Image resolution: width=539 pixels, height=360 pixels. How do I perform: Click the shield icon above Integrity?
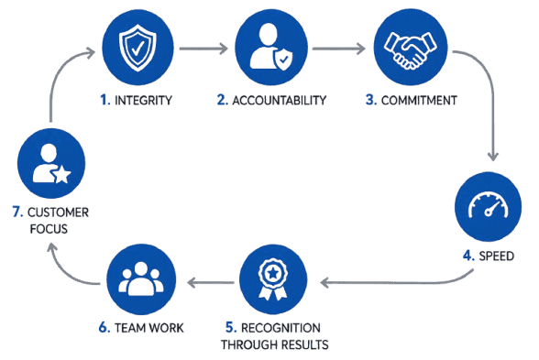(137, 48)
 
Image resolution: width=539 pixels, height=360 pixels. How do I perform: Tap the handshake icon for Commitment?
(410, 50)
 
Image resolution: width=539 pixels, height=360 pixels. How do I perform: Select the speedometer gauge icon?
(488, 206)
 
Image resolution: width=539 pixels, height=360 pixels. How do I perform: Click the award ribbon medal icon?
(273, 278)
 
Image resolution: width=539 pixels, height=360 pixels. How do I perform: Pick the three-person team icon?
(141, 278)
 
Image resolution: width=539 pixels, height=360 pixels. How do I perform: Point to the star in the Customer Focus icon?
(62, 174)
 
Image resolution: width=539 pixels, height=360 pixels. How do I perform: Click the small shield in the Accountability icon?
(283, 59)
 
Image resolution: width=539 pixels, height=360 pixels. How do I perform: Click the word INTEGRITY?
(143, 101)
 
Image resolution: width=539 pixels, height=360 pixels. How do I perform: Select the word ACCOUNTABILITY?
(279, 101)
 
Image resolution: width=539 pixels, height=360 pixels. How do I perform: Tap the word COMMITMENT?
(419, 101)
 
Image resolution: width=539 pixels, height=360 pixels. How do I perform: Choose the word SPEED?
(497, 256)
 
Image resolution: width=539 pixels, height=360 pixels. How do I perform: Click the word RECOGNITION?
(280, 328)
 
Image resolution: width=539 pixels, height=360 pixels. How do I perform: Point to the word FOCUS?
(49, 229)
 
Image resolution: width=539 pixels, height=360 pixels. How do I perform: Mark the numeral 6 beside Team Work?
(104, 328)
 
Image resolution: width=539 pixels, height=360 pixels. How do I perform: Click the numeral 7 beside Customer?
(17, 213)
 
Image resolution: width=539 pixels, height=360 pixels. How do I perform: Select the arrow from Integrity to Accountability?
(203, 49)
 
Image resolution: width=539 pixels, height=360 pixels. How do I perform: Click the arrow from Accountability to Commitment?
(338, 49)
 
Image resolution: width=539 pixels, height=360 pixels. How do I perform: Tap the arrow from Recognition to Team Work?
(211, 283)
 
